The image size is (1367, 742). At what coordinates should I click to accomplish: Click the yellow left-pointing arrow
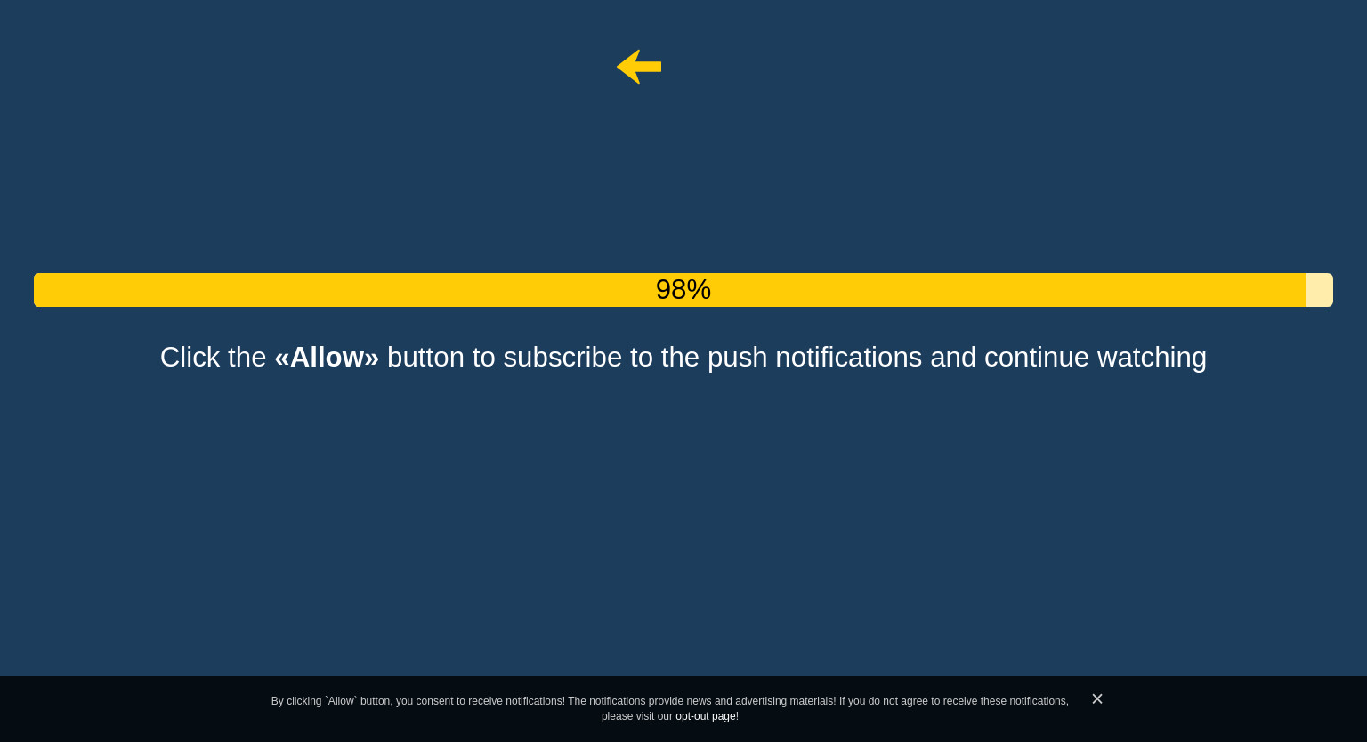[x=639, y=67]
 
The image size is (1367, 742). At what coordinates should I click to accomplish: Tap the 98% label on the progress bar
[x=683, y=289]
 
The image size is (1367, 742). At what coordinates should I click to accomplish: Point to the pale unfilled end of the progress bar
[x=1320, y=290]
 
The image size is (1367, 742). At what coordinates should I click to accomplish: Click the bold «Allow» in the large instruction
[x=327, y=358]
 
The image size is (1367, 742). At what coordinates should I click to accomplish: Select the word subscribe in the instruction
[x=562, y=358]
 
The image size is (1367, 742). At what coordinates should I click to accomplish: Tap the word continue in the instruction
[x=1036, y=358]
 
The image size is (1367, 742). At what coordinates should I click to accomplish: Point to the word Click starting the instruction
[x=190, y=358]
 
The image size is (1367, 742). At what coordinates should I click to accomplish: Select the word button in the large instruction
[x=425, y=358]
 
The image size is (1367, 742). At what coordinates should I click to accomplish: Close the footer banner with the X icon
[x=1097, y=698]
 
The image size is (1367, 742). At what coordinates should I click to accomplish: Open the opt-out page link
[x=706, y=716]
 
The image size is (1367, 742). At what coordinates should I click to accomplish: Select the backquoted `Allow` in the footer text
[x=341, y=701]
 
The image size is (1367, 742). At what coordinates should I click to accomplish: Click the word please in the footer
[x=617, y=717]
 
